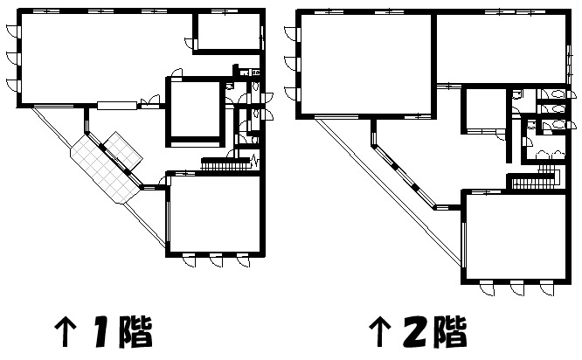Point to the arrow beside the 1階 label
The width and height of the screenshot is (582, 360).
coord(66,331)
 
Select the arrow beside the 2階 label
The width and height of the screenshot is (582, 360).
coord(379,331)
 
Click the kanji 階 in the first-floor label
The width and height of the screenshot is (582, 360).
coord(135,331)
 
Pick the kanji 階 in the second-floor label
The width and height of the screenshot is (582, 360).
coord(450,331)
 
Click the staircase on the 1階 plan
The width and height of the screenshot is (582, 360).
coord(225,163)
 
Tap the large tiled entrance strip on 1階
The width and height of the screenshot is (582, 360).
coord(105,170)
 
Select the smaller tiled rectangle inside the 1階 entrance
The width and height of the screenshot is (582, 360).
coord(123,150)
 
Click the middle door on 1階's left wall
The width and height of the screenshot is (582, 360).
coord(12,59)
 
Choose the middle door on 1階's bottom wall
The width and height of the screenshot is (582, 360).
coord(216,260)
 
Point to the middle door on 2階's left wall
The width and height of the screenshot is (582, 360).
coord(291,64)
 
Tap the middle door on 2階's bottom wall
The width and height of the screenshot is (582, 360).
coord(517,288)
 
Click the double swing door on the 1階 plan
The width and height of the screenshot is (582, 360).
coord(150,101)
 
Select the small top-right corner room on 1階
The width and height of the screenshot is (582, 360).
coord(228,32)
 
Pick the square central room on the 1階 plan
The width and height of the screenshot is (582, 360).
coord(195,109)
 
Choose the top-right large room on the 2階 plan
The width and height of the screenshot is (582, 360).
coord(501,49)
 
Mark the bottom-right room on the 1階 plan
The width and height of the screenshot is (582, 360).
coord(215,213)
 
